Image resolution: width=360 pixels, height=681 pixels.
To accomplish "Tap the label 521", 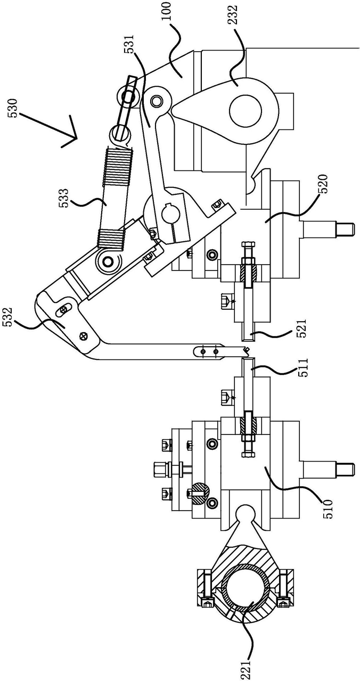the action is [302, 329].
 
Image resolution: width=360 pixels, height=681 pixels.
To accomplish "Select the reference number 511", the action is [302, 367].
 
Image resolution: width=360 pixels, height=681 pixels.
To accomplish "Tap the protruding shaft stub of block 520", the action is [328, 228].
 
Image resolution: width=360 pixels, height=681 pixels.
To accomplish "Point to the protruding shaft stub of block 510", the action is [328, 470].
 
